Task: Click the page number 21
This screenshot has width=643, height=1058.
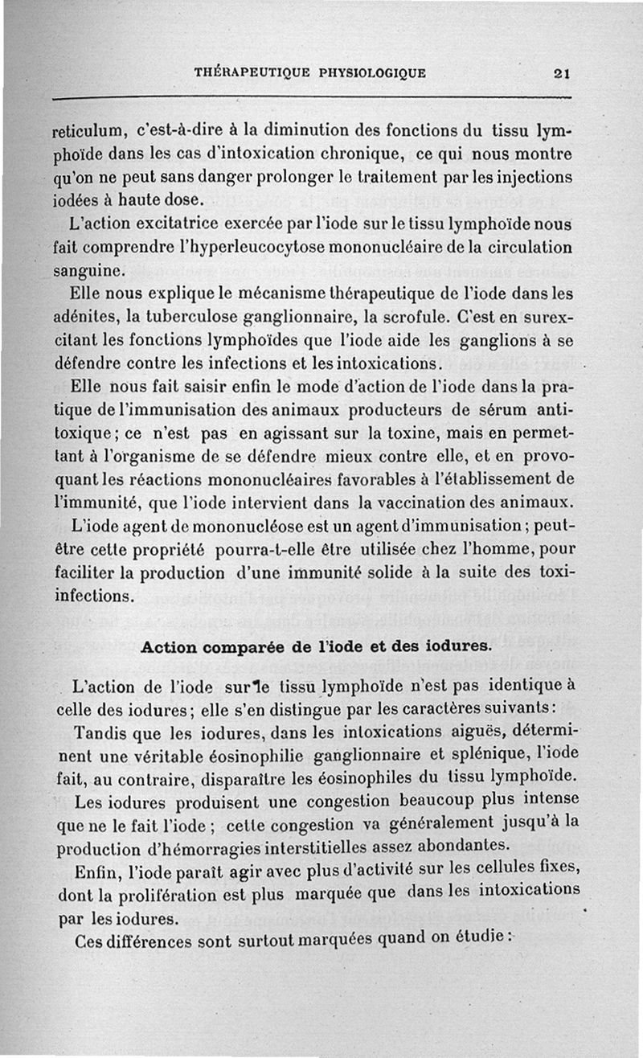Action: (562, 73)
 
